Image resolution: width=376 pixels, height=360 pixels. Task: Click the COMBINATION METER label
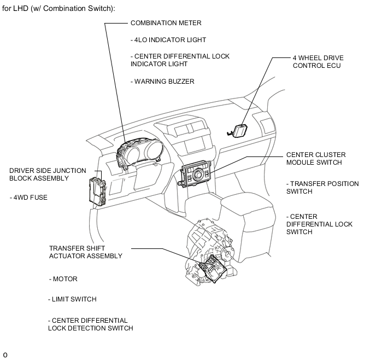(x=166, y=23)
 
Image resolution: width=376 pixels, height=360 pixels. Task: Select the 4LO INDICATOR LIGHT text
(x=168, y=40)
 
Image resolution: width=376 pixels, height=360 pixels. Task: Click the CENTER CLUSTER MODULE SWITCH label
(x=314, y=158)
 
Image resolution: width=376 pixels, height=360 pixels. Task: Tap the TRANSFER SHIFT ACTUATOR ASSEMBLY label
(x=85, y=252)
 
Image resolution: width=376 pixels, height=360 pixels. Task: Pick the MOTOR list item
(x=63, y=279)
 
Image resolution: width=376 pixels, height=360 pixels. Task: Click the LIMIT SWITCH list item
(x=72, y=299)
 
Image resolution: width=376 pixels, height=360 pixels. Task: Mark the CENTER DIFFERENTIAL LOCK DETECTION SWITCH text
(x=90, y=324)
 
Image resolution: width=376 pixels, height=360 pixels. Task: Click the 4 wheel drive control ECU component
(x=239, y=130)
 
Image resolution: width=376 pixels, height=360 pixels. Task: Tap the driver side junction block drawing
(x=96, y=188)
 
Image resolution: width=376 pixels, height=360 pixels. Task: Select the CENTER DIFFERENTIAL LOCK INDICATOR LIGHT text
(x=180, y=60)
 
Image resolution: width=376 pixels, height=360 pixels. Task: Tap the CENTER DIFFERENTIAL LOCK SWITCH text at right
(x=320, y=224)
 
